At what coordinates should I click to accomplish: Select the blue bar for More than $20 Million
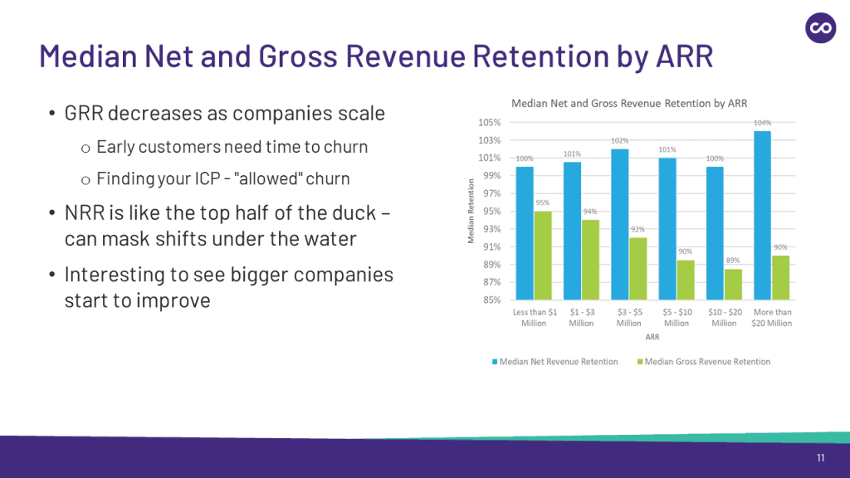click(763, 216)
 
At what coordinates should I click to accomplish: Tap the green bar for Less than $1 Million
click(543, 256)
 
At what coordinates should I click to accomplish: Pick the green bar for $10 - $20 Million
click(734, 285)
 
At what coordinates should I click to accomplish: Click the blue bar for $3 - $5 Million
click(619, 225)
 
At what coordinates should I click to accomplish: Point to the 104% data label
click(762, 123)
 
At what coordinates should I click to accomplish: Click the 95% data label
click(543, 203)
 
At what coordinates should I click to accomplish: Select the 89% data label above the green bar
click(733, 261)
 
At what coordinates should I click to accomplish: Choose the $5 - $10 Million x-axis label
click(677, 318)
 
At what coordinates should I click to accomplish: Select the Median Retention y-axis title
click(471, 212)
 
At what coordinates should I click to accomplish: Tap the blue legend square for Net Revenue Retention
click(496, 362)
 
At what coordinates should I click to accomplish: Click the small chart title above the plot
click(629, 104)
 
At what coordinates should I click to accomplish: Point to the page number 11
click(820, 459)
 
